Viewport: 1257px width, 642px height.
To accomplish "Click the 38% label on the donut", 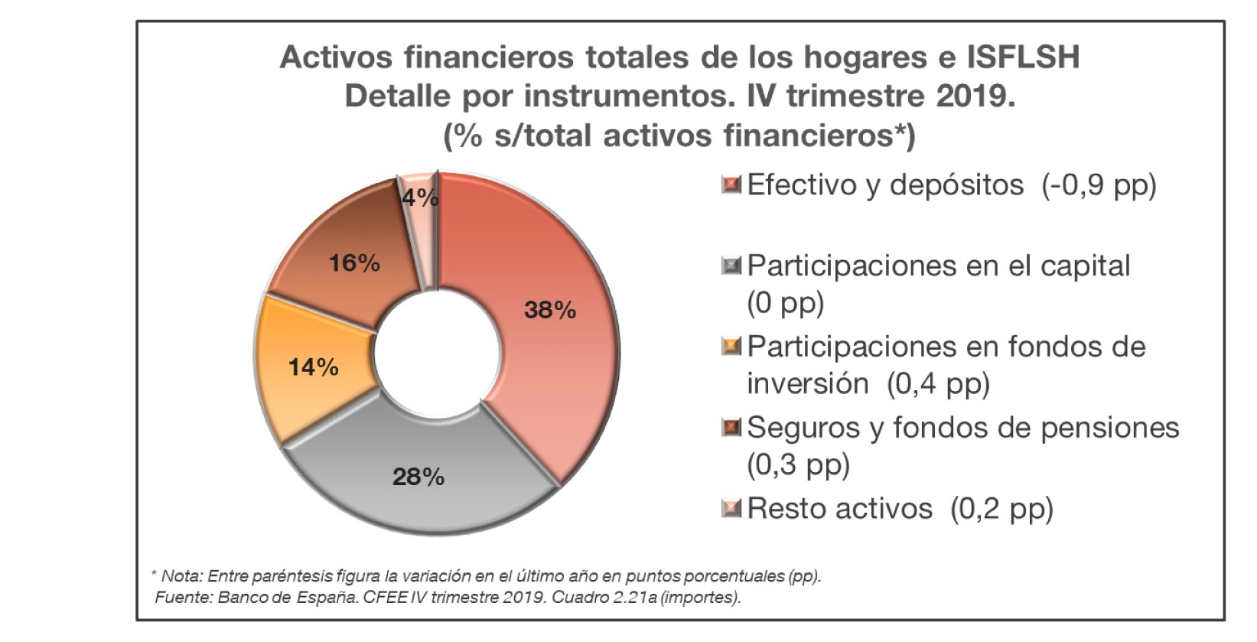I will pos(549,310).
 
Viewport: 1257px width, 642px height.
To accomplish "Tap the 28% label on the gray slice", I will pos(418,477).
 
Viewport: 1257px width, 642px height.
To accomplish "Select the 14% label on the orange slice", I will pos(313,367).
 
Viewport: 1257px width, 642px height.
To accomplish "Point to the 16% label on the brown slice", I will pos(354,263).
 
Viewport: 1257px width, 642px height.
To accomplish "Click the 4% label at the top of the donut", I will pos(420,198).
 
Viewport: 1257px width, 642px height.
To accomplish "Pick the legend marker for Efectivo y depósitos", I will pos(731,184).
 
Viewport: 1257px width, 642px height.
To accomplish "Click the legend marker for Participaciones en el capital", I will pos(731,266).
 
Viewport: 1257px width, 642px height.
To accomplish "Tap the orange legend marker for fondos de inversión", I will pos(731,347).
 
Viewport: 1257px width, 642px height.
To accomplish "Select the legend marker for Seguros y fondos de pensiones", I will pos(731,427).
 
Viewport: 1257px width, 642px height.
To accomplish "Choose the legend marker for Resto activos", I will pos(731,508).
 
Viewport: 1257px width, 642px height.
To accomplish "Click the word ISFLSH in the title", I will pos(1023,57).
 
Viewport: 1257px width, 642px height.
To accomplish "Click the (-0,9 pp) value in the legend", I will pos(1099,185).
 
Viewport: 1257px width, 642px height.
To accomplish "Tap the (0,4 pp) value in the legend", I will pos(938,383).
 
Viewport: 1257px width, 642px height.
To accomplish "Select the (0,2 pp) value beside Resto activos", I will pos(1001,509).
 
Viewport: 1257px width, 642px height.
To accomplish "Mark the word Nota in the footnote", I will pos(181,576).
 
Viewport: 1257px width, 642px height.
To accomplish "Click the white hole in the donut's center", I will pos(438,355).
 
